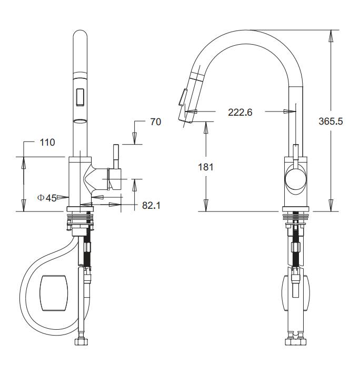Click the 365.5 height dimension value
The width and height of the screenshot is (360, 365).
pyautogui.click(x=331, y=121)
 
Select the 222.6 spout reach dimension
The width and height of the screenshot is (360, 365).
pyautogui.click(x=240, y=112)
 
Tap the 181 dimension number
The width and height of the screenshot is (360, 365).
pyautogui.click(x=205, y=167)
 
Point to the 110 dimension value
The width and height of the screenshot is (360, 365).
pyautogui.click(x=47, y=142)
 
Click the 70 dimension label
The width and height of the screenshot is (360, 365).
pyautogui.click(x=156, y=121)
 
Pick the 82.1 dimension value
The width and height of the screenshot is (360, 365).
pyautogui.click(x=151, y=205)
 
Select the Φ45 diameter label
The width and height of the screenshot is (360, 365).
pyautogui.click(x=47, y=198)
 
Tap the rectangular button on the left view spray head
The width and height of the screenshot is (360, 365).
pyautogui.click(x=80, y=97)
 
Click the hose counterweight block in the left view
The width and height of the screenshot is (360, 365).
pyautogui.click(x=54, y=293)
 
